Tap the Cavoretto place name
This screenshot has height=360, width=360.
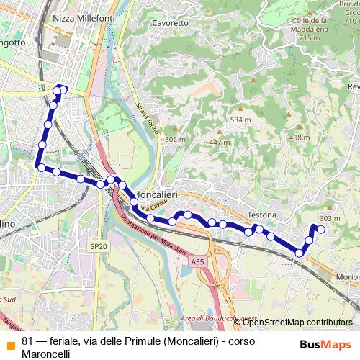171,23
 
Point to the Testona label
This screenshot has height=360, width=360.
262,215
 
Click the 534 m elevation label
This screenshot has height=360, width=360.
240,120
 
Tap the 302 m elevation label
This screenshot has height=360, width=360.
176,139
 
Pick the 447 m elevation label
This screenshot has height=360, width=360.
220,142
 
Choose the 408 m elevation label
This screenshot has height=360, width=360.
300,137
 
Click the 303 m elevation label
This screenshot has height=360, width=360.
329,218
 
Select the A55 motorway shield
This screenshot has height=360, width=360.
198,264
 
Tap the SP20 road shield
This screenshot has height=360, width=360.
98,246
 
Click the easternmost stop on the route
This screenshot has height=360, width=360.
321,230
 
